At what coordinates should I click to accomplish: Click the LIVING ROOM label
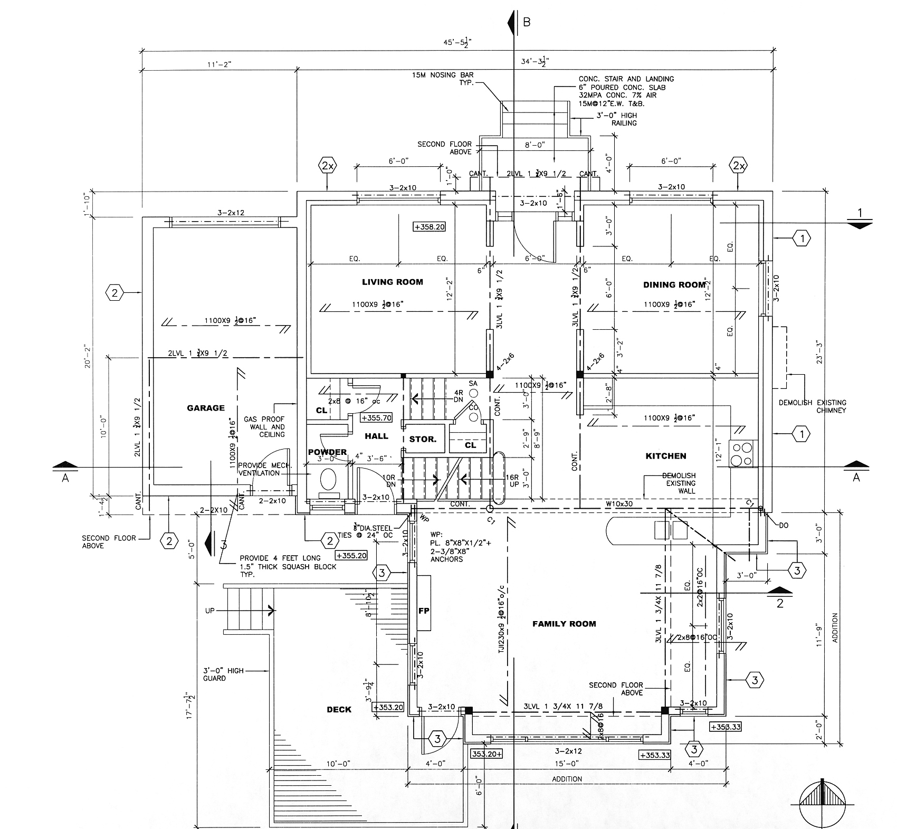(392, 282)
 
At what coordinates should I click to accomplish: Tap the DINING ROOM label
(674, 284)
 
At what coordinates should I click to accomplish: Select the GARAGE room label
(206, 408)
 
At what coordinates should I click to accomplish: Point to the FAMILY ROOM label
(564, 624)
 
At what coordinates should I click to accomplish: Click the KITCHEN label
(666, 456)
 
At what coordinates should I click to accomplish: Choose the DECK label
(339, 710)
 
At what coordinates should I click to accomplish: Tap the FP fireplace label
(424, 611)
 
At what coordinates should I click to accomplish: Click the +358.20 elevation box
(430, 227)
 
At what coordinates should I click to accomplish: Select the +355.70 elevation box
(376, 417)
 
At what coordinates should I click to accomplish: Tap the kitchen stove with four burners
(743, 453)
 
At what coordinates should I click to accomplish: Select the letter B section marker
(526, 22)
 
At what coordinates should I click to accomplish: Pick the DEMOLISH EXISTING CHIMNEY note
(812, 406)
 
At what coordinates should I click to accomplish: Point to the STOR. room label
(423, 439)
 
